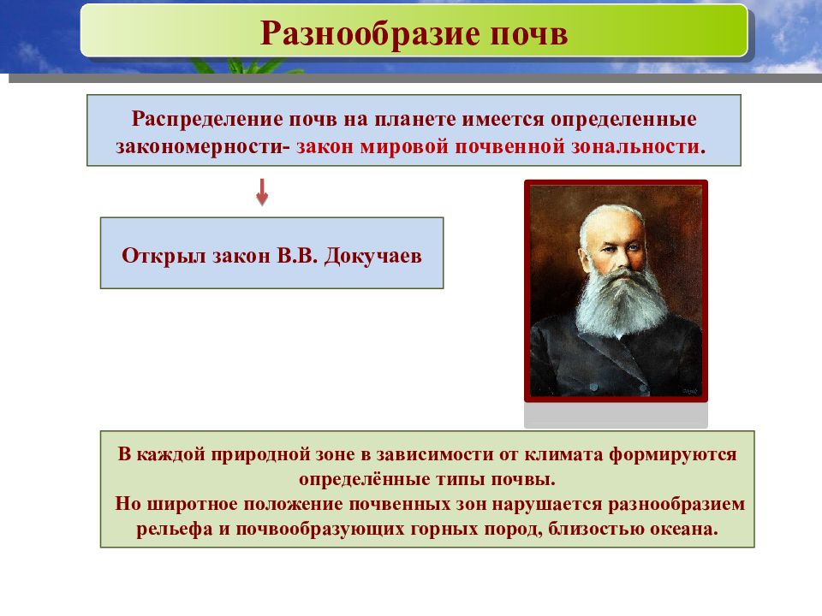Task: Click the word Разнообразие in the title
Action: pyautogui.click(x=370, y=34)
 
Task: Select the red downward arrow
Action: pyautogui.click(x=262, y=192)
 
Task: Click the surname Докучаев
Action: pyautogui.click(x=372, y=256)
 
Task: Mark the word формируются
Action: pyautogui.click(x=673, y=454)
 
